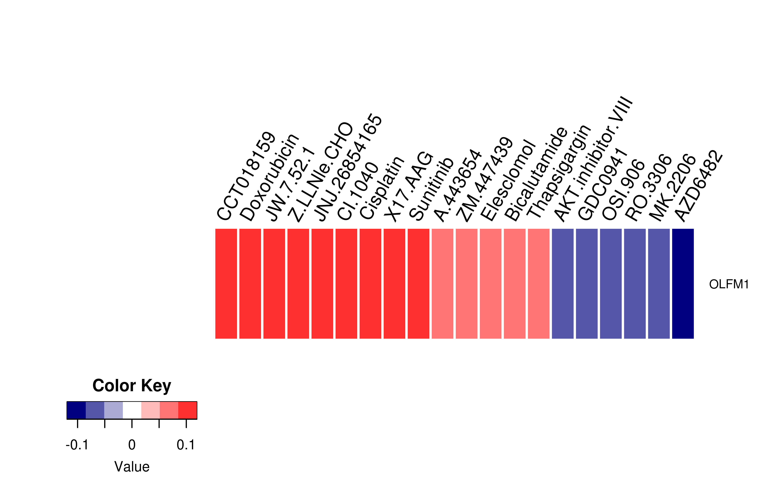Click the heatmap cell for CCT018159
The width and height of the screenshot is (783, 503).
(x=226, y=284)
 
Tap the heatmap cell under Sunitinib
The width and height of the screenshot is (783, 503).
(x=418, y=284)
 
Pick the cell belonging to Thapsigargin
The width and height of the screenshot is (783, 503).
(x=539, y=284)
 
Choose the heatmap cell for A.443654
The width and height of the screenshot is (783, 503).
(x=442, y=284)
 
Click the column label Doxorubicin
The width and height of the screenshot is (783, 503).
(x=269, y=177)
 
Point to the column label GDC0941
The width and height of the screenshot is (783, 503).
(x=602, y=185)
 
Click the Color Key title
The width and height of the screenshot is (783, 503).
(x=132, y=386)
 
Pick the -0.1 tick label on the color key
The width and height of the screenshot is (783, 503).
(x=77, y=445)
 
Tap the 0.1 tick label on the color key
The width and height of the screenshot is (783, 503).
(x=186, y=445)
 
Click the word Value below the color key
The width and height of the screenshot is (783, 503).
(x=132, y=467)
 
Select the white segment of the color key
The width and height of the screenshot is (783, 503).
(x=132, y=410)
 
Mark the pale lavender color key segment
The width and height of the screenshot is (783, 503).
(x=113, y=410)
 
